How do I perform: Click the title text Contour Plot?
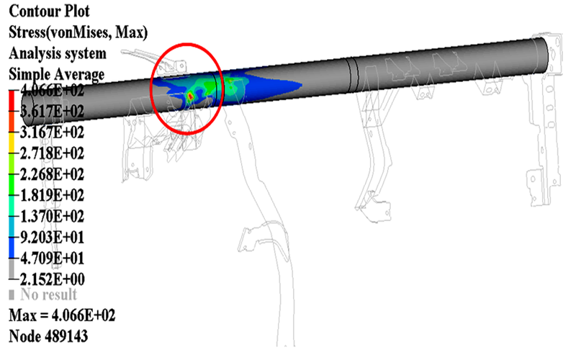tap(49, 11)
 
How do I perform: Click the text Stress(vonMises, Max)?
tap(78, 32)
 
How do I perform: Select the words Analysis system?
tap(58, 53)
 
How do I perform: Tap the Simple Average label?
tap(57, 75)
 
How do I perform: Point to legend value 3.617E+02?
tap(52, 111)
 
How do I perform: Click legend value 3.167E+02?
tap(52, 132)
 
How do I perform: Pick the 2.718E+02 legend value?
tap(52, 153)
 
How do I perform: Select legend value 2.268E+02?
tap(52, 174)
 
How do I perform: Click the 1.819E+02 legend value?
tap(52, 195)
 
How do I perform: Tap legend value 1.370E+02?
tap(52, 217)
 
